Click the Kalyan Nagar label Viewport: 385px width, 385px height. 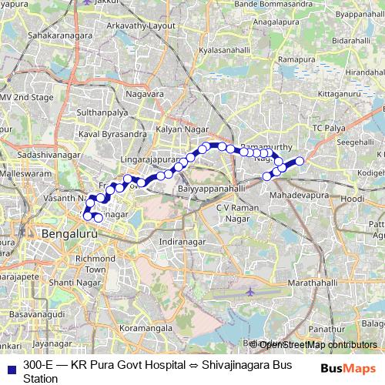(178, 129)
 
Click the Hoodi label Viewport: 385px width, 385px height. (353, 199)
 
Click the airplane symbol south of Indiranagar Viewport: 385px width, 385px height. (250, 292)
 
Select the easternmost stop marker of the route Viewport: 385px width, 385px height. (300, 160)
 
